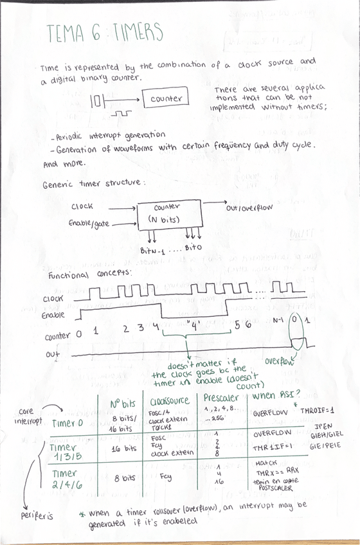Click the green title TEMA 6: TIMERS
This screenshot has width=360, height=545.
(x=105, y=33)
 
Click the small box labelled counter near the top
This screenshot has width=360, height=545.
(x=166, y=99)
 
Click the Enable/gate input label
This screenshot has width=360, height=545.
(x=90, y=223)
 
